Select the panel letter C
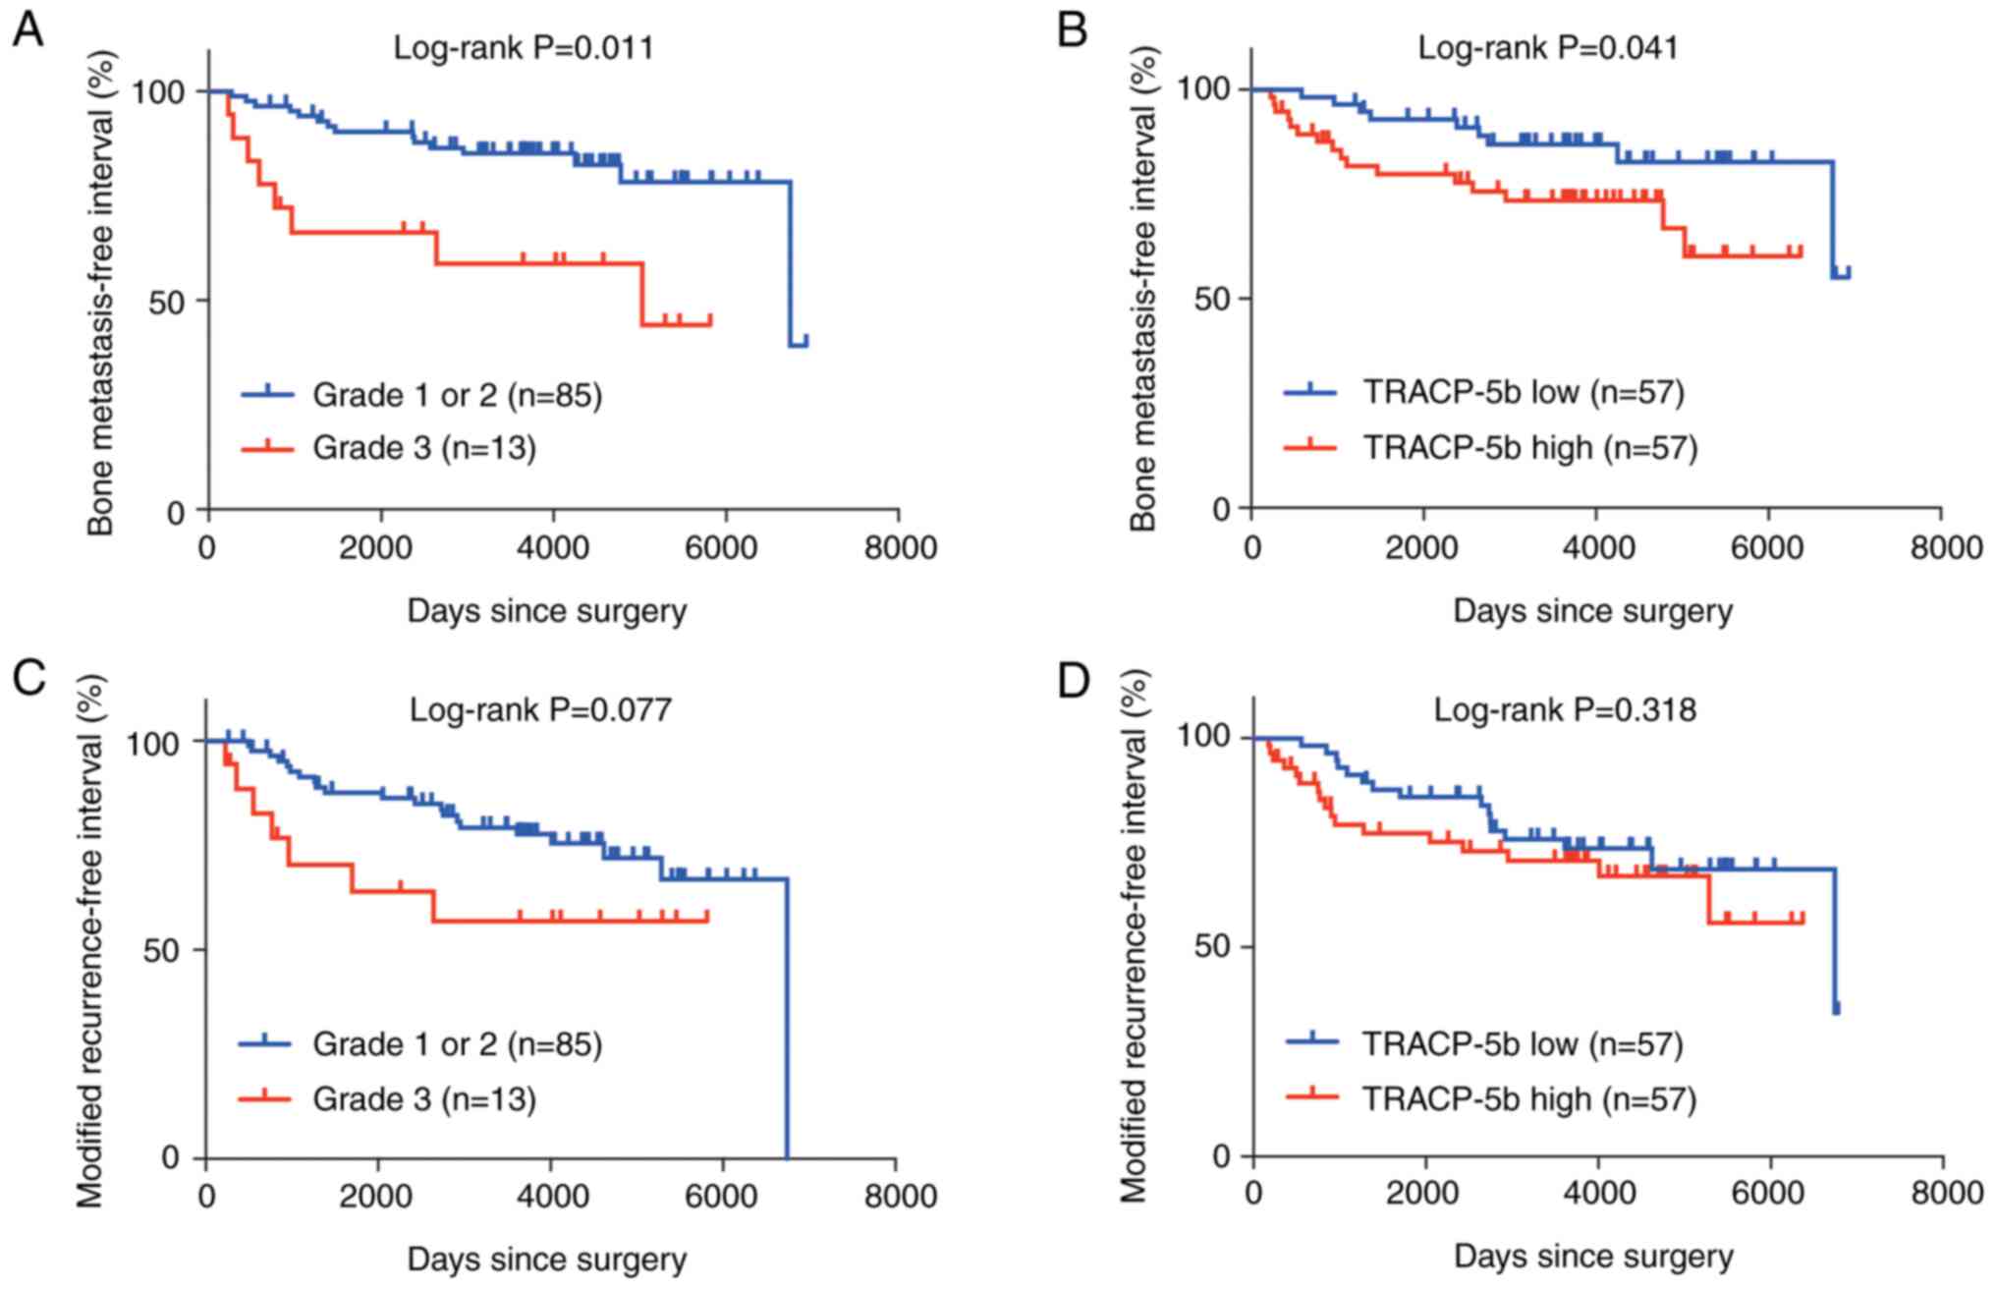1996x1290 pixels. tap(28, 678)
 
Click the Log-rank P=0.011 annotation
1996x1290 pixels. tap(524, 47)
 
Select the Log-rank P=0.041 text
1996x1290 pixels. tap(1548, 47)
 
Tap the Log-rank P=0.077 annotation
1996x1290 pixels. tap(540, 708)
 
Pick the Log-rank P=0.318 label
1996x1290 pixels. tap(1565, 708)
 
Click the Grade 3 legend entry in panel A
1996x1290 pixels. tap(423, 448)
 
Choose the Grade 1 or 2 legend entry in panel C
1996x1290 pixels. tap(457, 1043)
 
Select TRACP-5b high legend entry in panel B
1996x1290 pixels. tap(1529, 448)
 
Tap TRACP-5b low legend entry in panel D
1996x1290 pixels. tap(1522, 1043)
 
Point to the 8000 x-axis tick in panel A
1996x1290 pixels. tap(900, 546)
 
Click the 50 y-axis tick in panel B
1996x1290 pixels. tap(1213, 299)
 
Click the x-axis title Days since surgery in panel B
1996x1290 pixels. tap(1592, 611)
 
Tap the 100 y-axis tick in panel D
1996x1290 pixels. tap(1204, 738)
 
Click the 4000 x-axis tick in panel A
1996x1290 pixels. tap(553, 546)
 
